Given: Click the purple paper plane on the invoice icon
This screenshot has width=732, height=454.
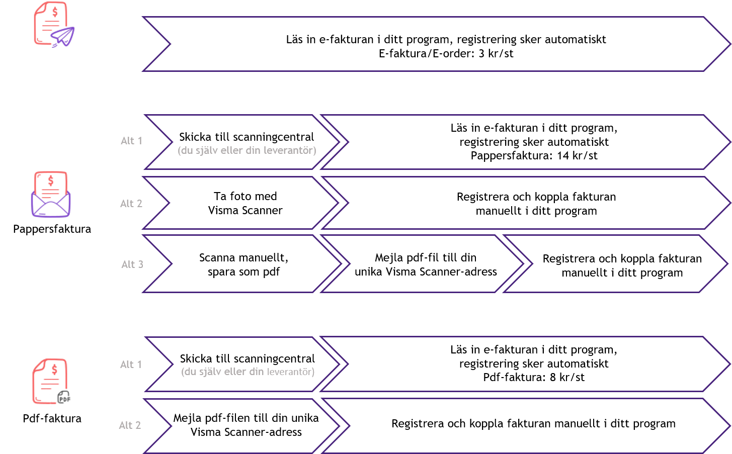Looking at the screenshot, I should click(x=63, y=37).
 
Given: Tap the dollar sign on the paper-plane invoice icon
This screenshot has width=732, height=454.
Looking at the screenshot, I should click(x=54, y=12).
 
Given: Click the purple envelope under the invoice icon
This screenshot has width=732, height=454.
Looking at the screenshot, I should click(x=51, y=205).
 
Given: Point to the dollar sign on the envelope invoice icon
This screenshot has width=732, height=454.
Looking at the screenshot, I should click(x=50, y=180).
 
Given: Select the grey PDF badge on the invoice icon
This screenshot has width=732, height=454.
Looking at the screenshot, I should click(x=63, y=397).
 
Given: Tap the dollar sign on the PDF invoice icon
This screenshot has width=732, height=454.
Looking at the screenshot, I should click(x=54, y=370).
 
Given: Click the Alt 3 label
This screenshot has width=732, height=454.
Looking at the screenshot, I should click(x=132, y=264).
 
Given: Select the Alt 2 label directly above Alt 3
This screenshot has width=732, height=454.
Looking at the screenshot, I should click(x=131, y=204).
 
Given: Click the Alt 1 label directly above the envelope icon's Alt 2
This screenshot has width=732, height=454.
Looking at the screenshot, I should click(x=131, y=141).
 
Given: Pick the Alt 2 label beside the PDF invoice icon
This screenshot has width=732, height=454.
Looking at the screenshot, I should click(x=130, y=425).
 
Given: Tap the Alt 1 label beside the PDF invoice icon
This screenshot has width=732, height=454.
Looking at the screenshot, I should click(x=131, y=365).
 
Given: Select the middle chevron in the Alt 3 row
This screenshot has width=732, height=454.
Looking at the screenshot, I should click(x=423, y=263).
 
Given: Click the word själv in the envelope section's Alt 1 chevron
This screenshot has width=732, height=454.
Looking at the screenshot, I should click(x=206, y=150).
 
